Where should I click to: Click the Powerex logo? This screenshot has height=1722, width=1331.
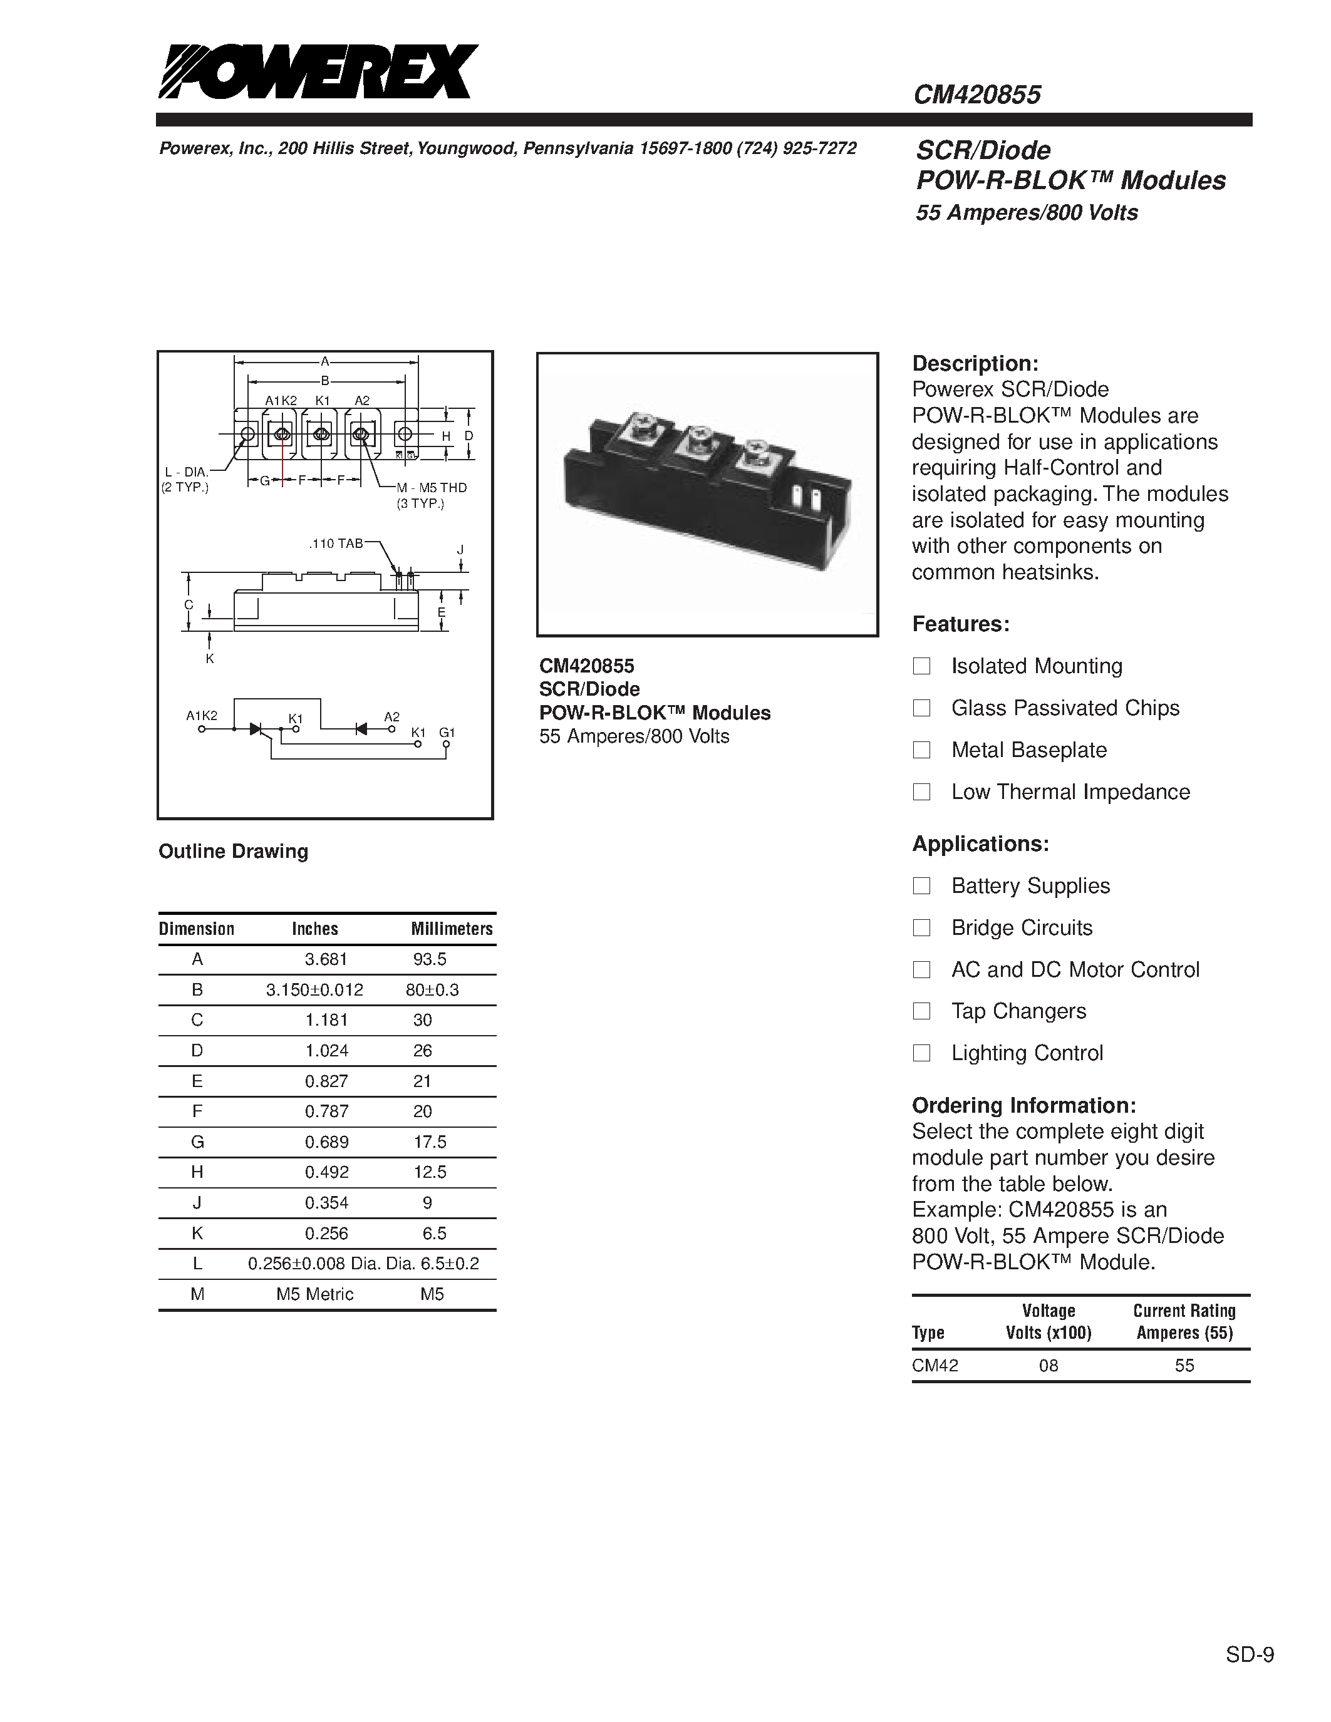[318, 72]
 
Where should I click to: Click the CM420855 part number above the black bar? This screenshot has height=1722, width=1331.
[977, 95]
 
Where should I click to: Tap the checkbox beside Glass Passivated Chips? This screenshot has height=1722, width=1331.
[921, 708]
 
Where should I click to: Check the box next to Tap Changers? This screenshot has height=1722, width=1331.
[921, 1011]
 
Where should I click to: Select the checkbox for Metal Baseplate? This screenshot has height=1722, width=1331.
[921, 750]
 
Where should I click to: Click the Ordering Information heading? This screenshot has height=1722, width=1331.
[1023, 1105]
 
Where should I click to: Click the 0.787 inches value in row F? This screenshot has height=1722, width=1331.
[326, 1111]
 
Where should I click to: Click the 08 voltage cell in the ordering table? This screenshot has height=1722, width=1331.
[1048, 1366]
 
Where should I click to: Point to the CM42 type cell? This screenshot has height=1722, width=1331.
[935, 1366]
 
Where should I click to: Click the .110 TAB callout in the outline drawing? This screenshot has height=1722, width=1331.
[336, 544]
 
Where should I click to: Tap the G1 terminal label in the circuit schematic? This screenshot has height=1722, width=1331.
[447, 733]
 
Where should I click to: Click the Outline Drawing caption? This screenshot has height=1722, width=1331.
[234, 852]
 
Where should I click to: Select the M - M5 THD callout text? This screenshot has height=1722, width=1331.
[432, 488]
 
